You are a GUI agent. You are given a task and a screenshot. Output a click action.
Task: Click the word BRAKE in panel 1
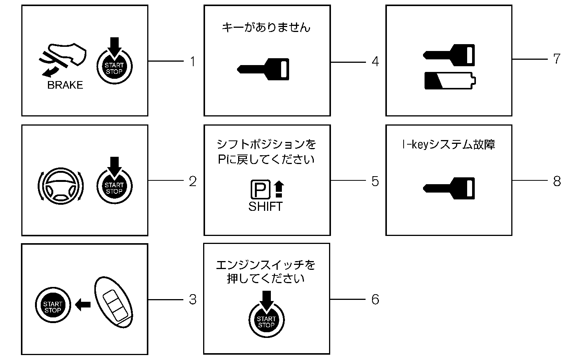[65, 85]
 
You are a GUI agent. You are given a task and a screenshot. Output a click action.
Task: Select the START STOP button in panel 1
[114, 67]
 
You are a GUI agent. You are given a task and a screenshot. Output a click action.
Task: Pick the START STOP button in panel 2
[114, 187]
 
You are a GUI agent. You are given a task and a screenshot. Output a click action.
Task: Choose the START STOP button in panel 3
[53, 306]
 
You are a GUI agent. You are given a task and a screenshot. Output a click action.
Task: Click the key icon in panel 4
[263, 69]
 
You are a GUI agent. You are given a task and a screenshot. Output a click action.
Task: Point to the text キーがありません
[266, 27]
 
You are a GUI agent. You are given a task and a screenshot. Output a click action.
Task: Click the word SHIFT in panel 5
[266, 207]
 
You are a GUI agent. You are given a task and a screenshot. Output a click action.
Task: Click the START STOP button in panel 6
[266, 321]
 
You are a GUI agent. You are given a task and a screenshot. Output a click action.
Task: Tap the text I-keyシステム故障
[448, 145]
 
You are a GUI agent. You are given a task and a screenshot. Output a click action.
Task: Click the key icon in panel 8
[449, 188]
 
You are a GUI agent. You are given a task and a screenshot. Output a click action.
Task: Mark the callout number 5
[375, 182]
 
